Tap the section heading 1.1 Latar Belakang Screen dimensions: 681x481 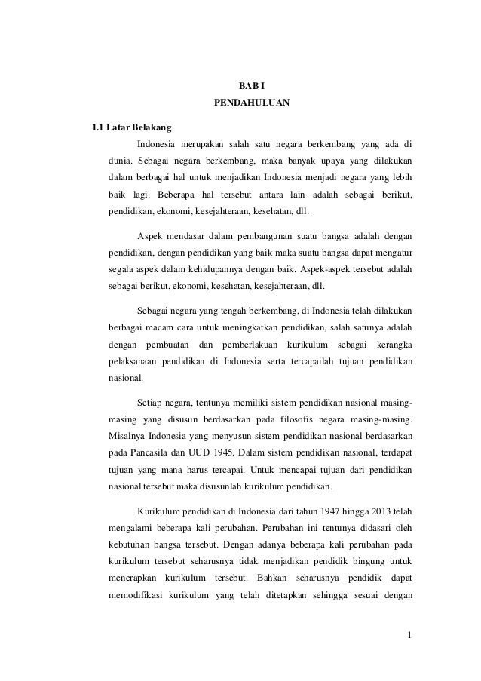click(131, 126)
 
